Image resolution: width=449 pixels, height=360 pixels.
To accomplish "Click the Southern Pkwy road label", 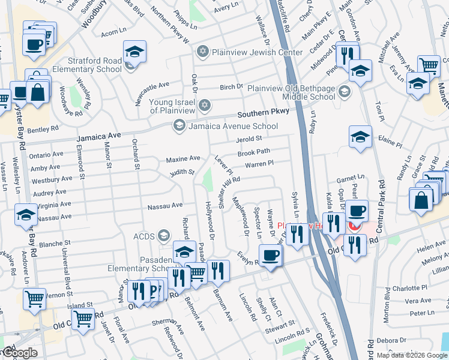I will (263, 113).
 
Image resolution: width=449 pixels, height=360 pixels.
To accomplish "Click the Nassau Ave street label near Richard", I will (165, 205).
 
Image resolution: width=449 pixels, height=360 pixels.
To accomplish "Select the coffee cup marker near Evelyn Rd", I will (270, 255).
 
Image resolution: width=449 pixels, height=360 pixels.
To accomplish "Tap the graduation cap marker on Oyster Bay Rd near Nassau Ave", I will (26, 214).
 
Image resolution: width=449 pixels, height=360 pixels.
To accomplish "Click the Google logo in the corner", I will (19, 353).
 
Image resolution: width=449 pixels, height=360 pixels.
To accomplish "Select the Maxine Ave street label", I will (182, 158).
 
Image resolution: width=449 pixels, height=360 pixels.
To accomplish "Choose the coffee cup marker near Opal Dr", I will (357, 211).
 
